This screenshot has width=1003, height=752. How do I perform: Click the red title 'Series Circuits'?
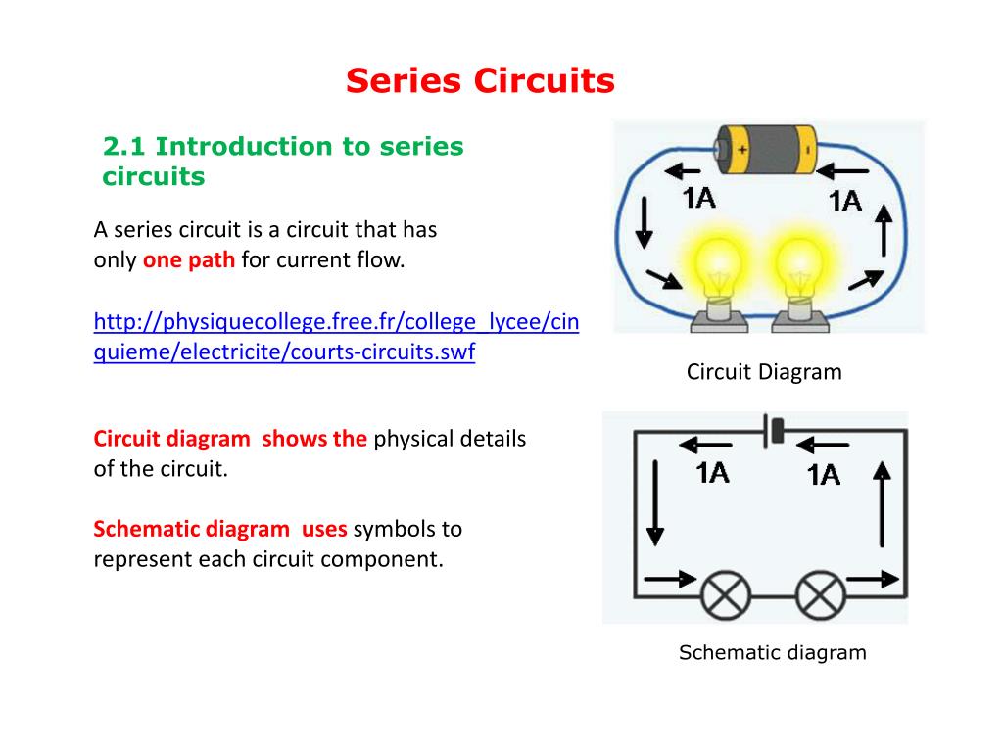[480, 81]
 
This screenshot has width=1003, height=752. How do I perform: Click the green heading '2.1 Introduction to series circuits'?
[283, 162]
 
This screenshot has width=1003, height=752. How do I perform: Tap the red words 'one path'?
[189, 261]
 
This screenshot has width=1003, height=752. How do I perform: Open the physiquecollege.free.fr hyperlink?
[336, 337]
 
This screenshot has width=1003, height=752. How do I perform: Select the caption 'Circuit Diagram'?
[764, 372]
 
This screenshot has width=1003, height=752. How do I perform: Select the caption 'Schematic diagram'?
[773, 653]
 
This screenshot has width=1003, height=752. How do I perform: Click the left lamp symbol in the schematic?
[726, 594]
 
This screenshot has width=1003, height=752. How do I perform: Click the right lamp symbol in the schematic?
[821, 594]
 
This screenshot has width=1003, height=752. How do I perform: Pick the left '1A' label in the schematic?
[712, 473]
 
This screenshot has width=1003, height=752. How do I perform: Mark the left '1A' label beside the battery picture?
[699, 199]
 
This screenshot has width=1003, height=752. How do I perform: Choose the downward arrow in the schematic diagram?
[654, 502]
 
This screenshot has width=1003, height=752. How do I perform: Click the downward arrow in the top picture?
[644, 222]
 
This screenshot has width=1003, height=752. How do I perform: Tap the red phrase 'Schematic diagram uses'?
[220, 530]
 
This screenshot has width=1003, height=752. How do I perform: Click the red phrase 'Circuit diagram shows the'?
[230, 439]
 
